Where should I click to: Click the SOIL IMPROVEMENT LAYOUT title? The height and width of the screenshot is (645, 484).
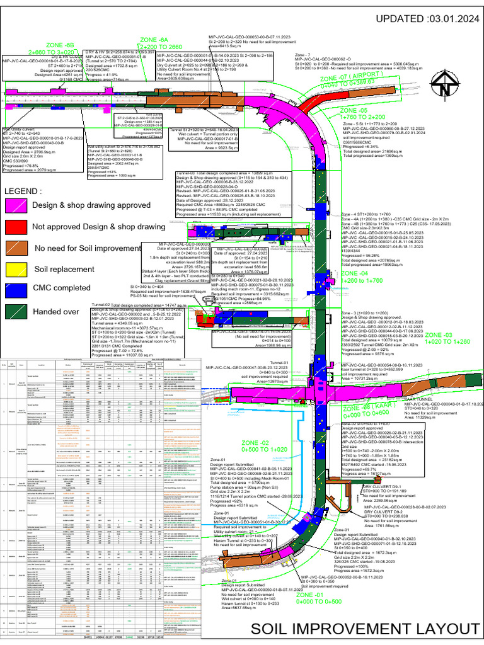click(x=364, y=628)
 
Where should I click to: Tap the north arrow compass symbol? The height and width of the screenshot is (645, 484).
click(x=446, y=83)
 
